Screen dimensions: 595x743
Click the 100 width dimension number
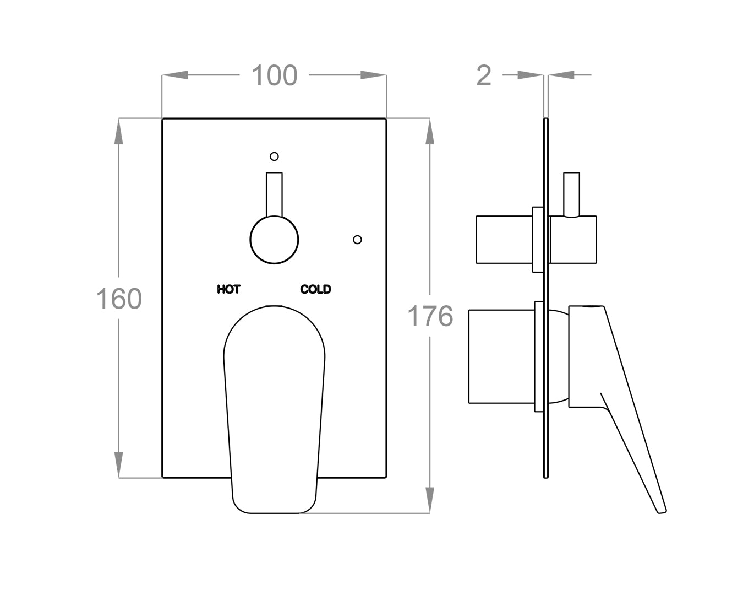(274, 75)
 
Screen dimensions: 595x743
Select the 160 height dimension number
(119, 299)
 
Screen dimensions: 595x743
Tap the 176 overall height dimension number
(430, 316)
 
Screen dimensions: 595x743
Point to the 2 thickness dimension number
(483, 75)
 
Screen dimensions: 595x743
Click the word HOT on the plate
(228, 289)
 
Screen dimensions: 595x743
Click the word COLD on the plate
(315, 289)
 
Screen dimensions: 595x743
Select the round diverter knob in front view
(274, 240)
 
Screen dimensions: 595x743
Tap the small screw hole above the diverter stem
(274, 156)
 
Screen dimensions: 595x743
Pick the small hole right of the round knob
(357, 239)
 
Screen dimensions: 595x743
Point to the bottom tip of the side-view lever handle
(662, 510)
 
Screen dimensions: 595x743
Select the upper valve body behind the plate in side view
(504, 240)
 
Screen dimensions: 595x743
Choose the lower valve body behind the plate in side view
(501, 356)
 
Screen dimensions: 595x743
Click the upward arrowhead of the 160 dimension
(119, 131)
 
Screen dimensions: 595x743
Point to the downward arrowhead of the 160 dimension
(119, 464)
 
